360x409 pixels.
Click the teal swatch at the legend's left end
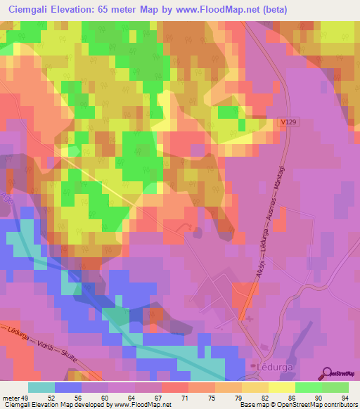[x=41, y=387]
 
